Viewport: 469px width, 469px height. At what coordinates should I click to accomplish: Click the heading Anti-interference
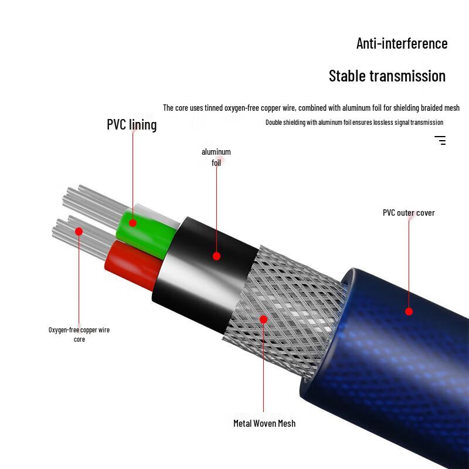tap(402, 43)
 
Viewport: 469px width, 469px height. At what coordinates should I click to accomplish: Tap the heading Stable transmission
tap(387, 76)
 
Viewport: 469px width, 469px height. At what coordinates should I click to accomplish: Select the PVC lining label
tap(131, 125)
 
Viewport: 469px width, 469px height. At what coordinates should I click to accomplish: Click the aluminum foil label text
tap(216, 157)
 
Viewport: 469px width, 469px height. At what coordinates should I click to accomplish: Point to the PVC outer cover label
tap(409, 213)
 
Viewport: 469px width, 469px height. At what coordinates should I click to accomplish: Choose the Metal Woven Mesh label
tap(264, 423)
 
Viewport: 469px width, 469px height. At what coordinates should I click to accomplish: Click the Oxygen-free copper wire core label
tap(79, 334)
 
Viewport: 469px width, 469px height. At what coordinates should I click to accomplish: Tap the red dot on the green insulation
tap(133, 223)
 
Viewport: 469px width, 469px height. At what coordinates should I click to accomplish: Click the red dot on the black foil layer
tap(216, 256)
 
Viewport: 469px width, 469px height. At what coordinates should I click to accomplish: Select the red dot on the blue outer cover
tap(409, 312)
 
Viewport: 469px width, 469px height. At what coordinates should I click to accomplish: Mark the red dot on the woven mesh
tap(263, 320)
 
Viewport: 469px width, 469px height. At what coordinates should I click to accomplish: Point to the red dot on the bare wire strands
tap(79, 232)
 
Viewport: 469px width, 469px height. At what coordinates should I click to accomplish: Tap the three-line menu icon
tap(440, 140)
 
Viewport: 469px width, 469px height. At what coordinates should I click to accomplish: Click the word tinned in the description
tap(213, 108)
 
